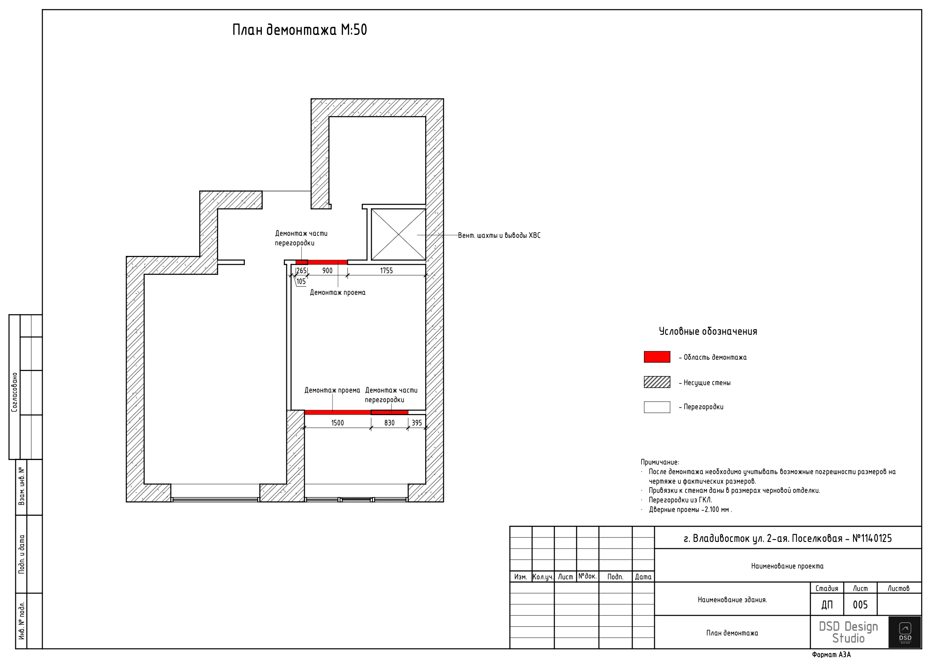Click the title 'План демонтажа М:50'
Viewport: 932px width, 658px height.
point(300,30)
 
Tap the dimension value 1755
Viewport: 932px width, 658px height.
point(386,271)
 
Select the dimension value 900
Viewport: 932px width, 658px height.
point(328,271)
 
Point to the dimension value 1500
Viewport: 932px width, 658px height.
point(338,423)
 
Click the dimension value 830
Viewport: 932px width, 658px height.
point(390,423)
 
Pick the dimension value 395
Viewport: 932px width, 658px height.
point(417,423)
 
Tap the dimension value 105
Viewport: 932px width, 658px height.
point(301,282)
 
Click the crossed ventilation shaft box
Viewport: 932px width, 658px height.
point(398,235)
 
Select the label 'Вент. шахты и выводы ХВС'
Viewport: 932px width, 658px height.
point(499,235)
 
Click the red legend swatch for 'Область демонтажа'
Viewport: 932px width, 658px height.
point(657,357)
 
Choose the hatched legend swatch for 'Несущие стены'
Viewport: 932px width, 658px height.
point(657,382)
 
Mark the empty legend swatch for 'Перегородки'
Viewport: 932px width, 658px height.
point(657,407)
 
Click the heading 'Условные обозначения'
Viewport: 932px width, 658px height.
point(708,331)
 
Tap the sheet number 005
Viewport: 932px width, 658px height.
point(860,605)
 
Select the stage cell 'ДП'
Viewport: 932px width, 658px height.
point(827,605)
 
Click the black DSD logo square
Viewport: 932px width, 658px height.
point(905,632)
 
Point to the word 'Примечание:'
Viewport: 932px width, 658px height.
point(660,462)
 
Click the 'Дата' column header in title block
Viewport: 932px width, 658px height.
point(643,577)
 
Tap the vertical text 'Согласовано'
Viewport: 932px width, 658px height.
point(15,392)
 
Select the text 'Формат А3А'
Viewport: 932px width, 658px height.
point(831,654)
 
